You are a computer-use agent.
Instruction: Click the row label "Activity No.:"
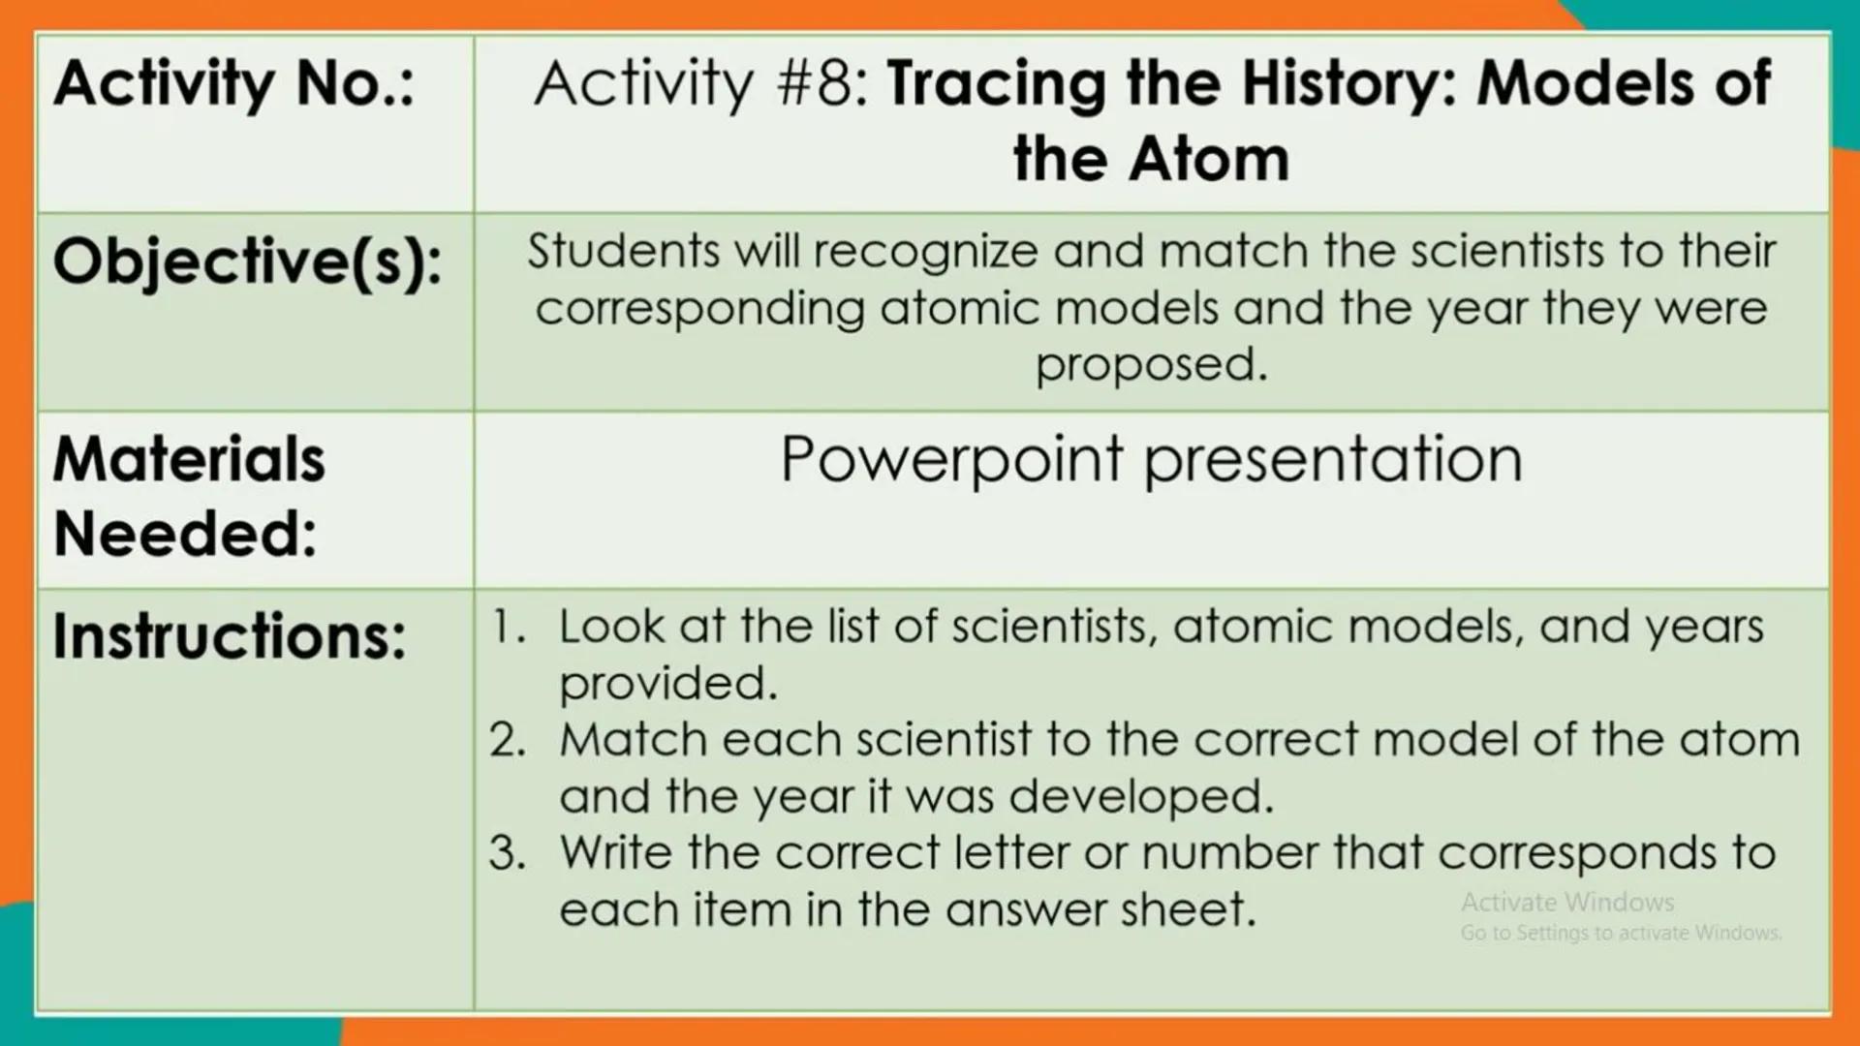pyautogui.click(x=233, y=84)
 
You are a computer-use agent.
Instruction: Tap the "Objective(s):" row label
pyautogui.click(x=247, y=262)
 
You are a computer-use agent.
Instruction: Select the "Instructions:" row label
pyautogui.click(x=230, y=637)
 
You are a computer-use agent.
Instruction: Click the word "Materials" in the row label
pyautogui.click(x=189, y=459)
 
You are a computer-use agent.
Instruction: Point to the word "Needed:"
pyautogui.click(x=185, y=535)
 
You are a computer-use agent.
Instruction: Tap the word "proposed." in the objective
pyautogui.click(x=1151, y=365)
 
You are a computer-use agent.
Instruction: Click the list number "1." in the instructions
pyautogui.click(x=509, y=627)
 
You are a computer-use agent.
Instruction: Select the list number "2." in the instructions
pyautogui.click(x=509, y=741)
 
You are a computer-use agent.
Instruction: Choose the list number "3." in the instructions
pyautogui.click(x=509, y=853)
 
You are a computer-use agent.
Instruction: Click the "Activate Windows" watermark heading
pyautogui.click(x=1567, y=903)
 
